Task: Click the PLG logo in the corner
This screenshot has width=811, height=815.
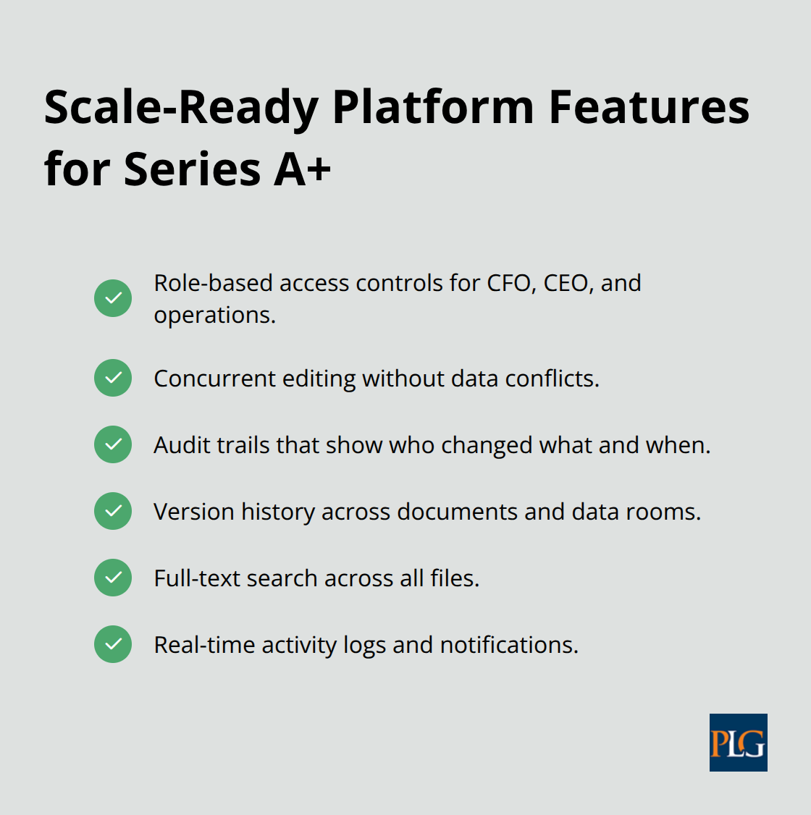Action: pos(738,743)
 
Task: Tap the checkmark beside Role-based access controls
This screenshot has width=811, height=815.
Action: pos(113,298)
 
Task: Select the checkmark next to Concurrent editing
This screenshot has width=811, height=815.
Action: pos(113,378)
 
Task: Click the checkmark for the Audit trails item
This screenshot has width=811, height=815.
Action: pos(113,444)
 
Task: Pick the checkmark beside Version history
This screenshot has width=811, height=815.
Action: pos(113,511)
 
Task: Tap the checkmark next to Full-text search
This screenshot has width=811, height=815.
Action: pos(113,578)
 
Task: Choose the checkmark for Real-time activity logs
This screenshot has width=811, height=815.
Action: pos(113,644)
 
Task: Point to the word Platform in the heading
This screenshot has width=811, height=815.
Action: pos(433,107)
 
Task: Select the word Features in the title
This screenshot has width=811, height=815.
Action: pos(649,107)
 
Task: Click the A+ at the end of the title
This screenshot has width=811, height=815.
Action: pos(302,169)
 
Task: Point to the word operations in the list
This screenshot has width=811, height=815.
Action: pos(214,316)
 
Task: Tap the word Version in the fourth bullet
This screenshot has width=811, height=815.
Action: pos(193,512)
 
